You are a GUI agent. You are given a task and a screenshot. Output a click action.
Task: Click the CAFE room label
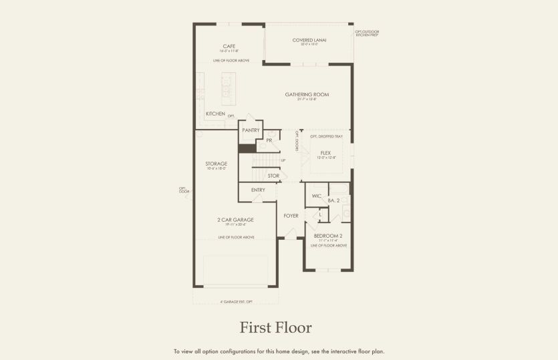pyautogui.click(x=229, y=46)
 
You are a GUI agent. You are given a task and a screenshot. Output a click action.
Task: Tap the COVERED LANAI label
pyautogui.click(x=308, y=40)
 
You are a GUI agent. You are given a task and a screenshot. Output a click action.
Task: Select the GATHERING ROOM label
pyautogui.click(x=307, y=95)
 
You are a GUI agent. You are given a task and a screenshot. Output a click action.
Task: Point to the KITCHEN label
pyautogui.click(x=215, y=114)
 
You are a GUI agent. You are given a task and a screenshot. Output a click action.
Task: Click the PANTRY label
pyautogui.click(x=251, y=130)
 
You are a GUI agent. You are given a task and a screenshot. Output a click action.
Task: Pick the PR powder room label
pyautogui.click(x=269, y=140)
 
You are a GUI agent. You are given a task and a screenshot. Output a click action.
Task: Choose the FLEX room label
pyautogui.click(x=325, y=153)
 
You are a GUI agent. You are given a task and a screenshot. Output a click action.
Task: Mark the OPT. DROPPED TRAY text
pyautogui.click(x=326, y=136)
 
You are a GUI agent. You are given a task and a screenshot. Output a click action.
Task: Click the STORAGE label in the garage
pyautogui.click(x=216, y=164)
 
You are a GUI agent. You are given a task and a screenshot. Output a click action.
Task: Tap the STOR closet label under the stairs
pyautogui.click(x=273, y=176)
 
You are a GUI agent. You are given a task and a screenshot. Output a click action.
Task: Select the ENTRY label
pyautogui.click(x=258, y=190)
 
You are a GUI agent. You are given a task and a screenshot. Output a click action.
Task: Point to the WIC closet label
pyautogui.click(x=316, y=196)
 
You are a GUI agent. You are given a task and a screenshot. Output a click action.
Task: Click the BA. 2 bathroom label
pyautogui.click(x=334, y=200)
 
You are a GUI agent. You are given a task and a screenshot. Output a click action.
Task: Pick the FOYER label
pyautogui.click(x=291, y=216)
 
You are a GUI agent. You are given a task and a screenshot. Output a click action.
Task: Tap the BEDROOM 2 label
pyautogui.click(x=327, y=236)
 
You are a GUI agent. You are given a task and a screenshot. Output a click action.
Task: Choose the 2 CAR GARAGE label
pyautogui.click(x=235, y=220)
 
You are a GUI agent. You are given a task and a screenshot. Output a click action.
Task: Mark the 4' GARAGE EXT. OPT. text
pyautogui.click(x=237, y=301)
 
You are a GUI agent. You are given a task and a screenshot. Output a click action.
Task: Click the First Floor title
pyautogui.click(x=275, y=328)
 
